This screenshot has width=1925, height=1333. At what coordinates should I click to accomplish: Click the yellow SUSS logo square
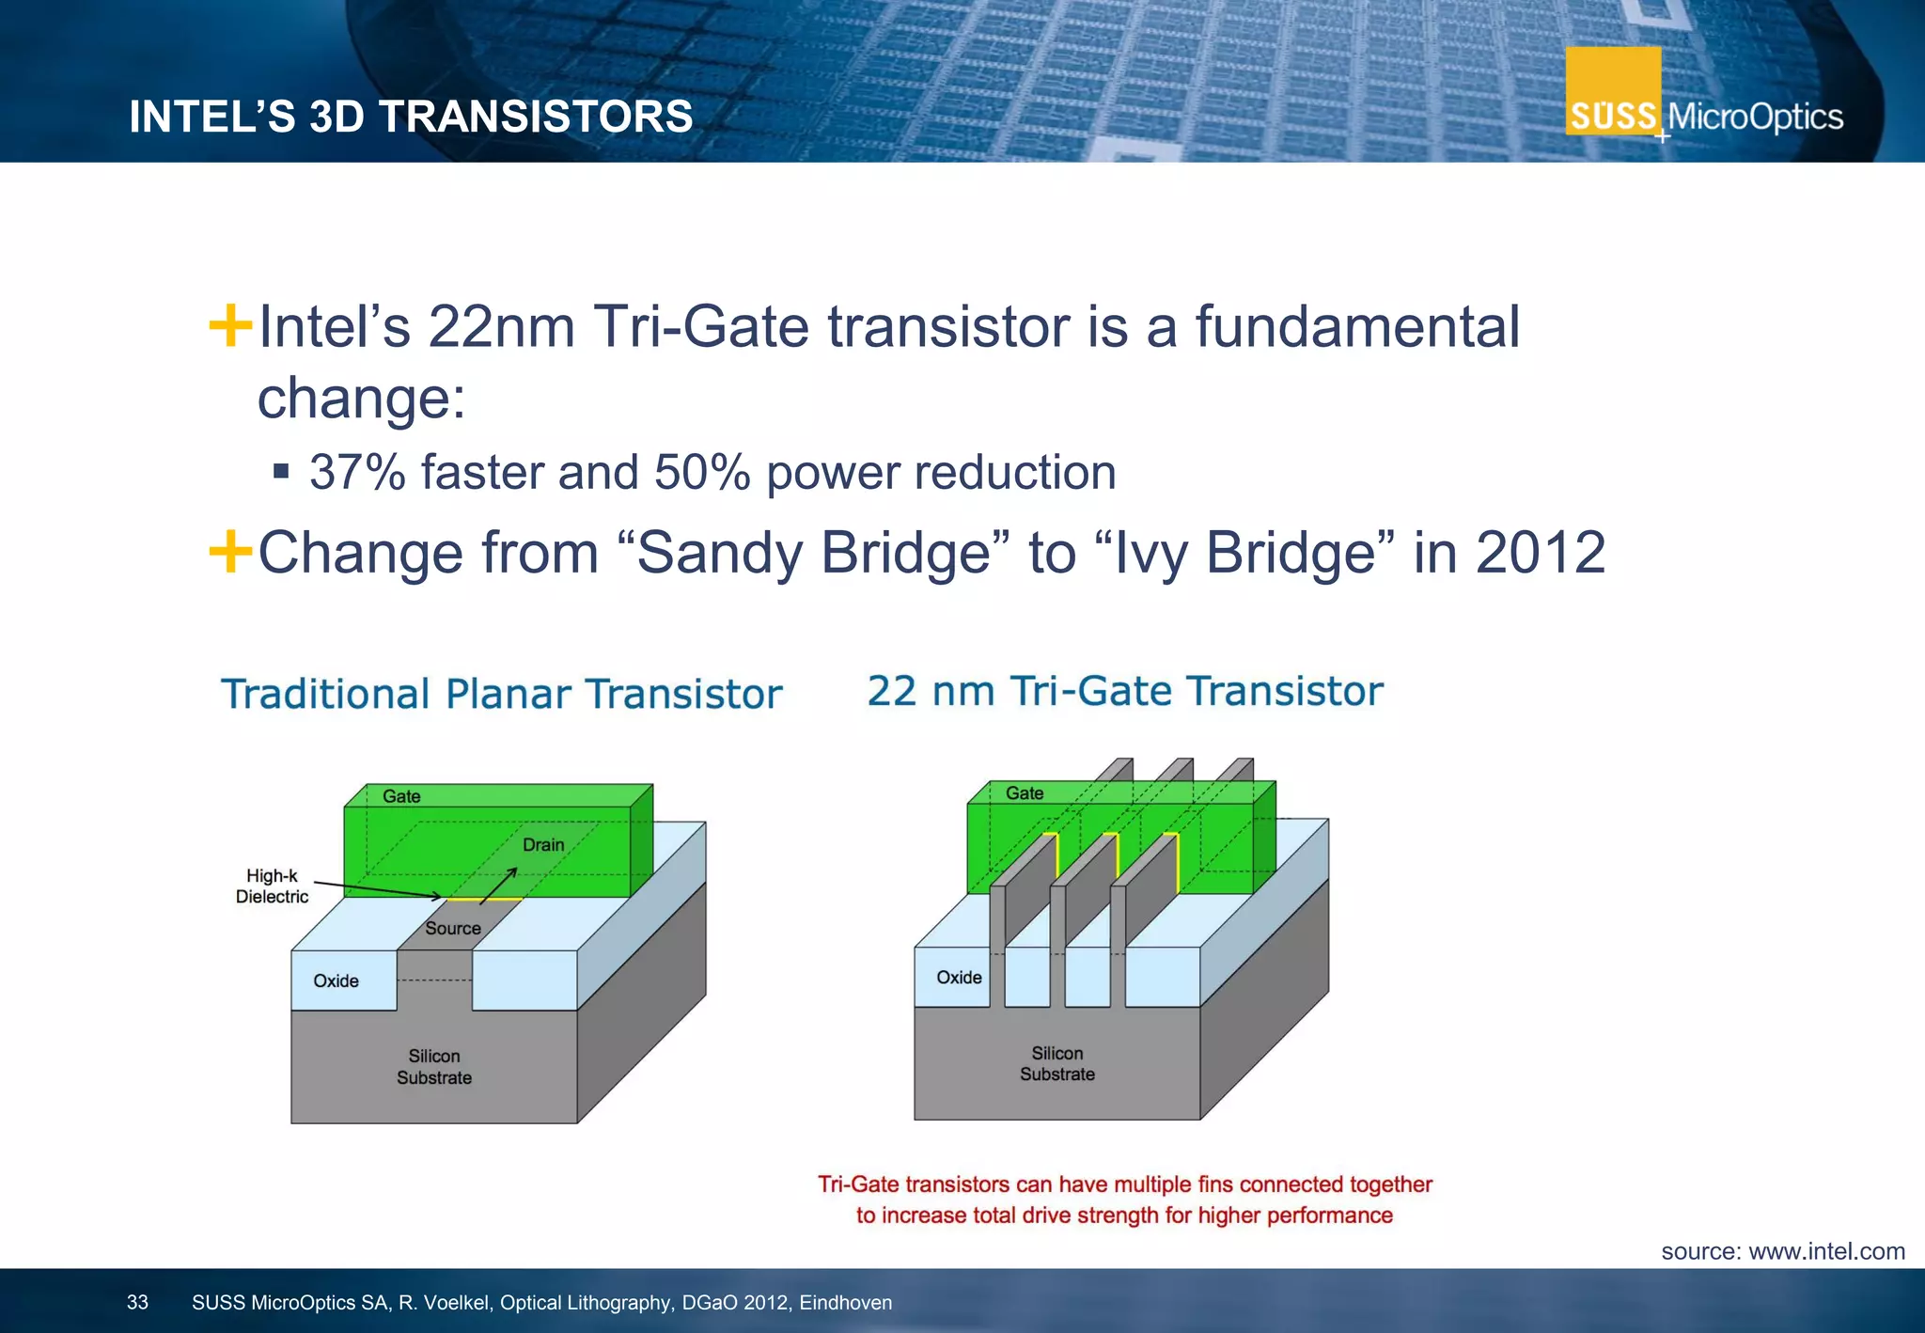tap(1613, 91)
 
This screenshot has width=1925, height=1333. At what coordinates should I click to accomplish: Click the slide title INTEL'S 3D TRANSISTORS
tap(411, 118)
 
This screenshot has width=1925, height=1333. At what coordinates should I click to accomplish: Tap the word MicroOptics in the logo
tap(1755, 118)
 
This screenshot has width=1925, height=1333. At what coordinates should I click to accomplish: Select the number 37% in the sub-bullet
tap(357, 472)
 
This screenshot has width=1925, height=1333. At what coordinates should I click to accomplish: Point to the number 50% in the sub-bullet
tap(701, 472)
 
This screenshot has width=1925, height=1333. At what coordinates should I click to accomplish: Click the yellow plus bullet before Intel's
tap(230, 326)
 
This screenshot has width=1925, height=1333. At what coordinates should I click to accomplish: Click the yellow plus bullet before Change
tap(230, 552)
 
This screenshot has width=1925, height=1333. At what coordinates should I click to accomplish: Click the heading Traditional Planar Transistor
tap(501, 695)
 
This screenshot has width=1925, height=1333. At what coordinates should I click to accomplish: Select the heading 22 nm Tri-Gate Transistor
tap(1125, 691)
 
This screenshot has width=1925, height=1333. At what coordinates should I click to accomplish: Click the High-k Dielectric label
tap(272, 886)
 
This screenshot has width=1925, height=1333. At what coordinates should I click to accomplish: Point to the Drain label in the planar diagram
tap(543, 845)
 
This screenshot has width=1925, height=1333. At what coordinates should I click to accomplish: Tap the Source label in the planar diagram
tap(452, 929)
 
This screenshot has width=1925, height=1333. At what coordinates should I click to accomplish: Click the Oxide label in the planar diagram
tap(336, 981)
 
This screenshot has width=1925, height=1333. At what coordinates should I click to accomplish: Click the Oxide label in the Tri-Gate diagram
tap(959, 978)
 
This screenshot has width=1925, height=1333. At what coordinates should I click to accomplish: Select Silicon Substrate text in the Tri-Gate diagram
tap(1057, 1064)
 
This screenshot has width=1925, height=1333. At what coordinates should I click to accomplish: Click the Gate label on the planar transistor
tap(401, 797)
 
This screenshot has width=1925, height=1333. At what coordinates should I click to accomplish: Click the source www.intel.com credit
tap(1782, 1251)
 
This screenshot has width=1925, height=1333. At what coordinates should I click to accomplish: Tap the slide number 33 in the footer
tap(137, 1303)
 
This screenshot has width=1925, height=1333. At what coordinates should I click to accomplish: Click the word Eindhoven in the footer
tap(845, 1303)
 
